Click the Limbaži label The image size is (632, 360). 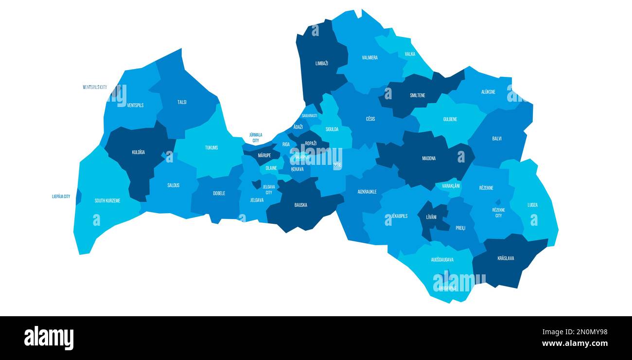321,64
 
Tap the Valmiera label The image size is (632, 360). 369,58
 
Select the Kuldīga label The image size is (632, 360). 138,152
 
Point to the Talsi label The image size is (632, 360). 182,103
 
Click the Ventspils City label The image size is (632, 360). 95,88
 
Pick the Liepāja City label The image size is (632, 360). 61,197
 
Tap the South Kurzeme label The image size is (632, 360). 107,201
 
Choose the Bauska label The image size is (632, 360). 300,205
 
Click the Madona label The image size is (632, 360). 429,159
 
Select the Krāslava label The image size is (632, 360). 506,258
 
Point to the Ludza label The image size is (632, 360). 532,205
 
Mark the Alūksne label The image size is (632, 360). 488,92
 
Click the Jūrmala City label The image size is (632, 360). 255,138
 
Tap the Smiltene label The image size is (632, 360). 417,96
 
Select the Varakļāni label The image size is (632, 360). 451,186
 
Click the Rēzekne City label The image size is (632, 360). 498,213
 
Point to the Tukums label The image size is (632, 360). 211,148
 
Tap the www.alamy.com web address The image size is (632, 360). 575,343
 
